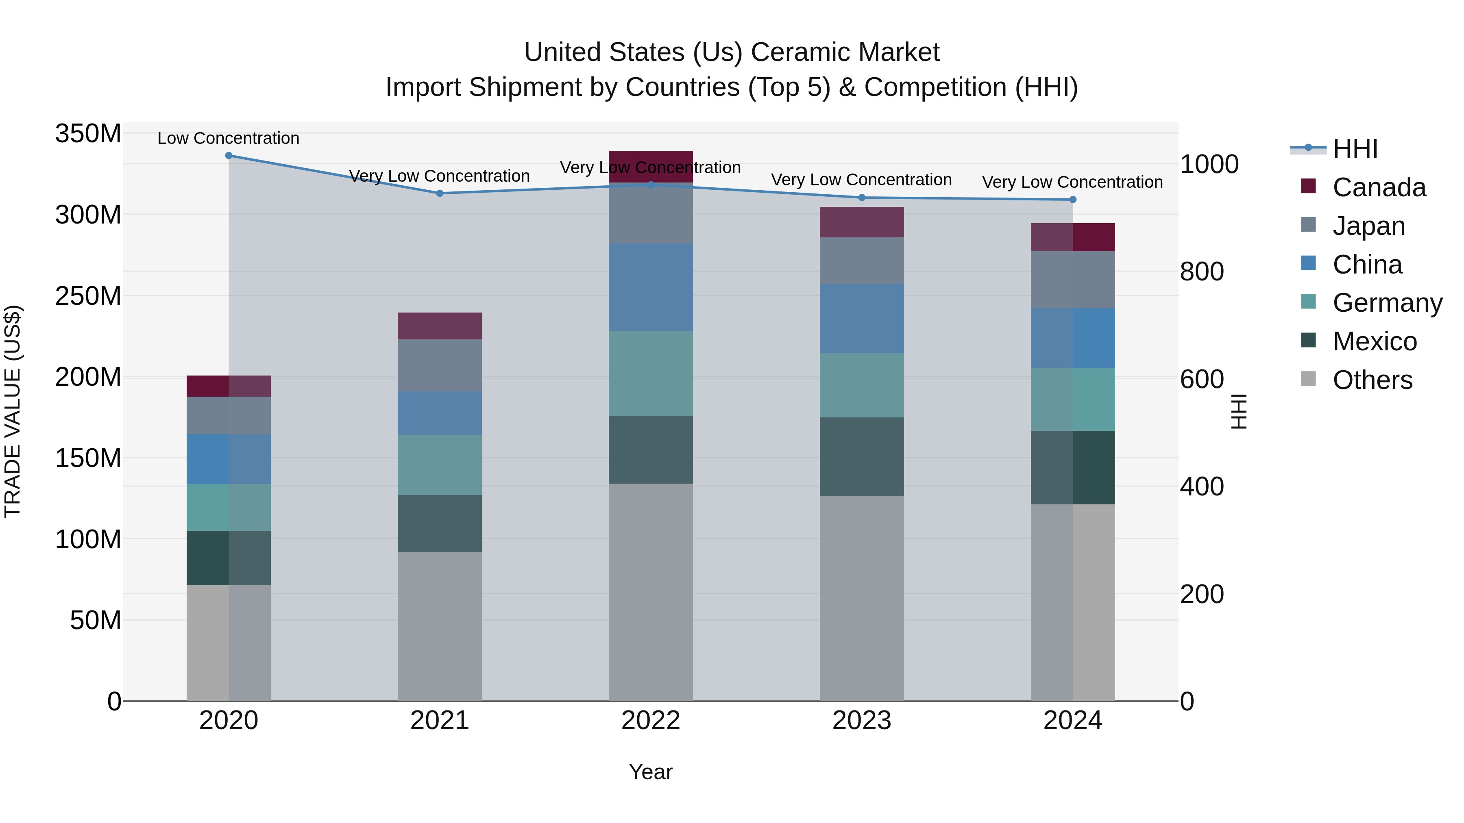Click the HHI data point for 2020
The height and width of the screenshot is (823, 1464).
[229, 155]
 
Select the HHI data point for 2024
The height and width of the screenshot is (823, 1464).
[1072, 200]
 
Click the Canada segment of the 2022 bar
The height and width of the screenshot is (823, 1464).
[651, 165]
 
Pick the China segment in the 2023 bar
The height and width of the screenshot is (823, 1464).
[862, 318]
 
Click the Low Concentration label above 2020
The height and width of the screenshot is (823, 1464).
[229, 138]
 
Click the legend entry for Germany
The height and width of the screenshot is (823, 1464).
[1387, 303]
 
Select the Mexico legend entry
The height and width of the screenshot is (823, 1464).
[1374, 341]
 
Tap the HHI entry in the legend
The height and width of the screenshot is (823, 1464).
[1355, 149]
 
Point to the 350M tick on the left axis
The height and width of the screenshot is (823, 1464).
[88, 134]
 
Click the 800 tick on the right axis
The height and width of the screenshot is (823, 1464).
[1201, 271]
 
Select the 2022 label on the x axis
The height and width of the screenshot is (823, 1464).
[651, 721]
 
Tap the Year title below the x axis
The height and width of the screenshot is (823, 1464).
[651, 772]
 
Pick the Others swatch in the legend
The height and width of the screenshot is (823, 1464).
[1308, 379]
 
